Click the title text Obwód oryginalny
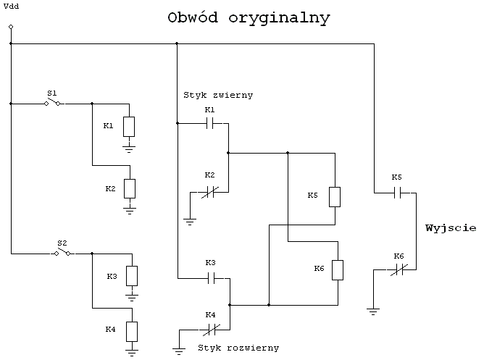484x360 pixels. pyautogui.click(x=249, y=18)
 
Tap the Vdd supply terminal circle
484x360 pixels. pyautogui.click(x=11, y=27)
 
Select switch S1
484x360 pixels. pyautogui.click(x=52, y=102)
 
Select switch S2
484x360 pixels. pyautogui.click(x=62, y=252)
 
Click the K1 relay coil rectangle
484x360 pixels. pyautogui.click(x=129, y=127)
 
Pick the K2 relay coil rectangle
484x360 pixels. pyautogui.click(x=130, y=189)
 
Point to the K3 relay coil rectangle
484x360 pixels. pyautogui.click(x=132, y=276)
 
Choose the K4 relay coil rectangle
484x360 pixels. pyautogui.click(x=132, y=332)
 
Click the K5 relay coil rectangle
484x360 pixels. pyautogui.click(x=335, y=197)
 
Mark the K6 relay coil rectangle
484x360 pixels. pyautogui.click(x=338, y=270)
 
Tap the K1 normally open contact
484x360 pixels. pyautogui.click(x=210, y=124)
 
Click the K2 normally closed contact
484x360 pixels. pyautogui.click(x=210, y=193)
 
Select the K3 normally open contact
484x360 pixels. pyautogui.click(x=211, y=279)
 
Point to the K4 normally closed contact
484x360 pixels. pyautogui.click(x=211, y=330)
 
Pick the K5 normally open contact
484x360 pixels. pyautogui.click(x=398, y=193)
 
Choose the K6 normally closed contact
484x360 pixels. pyautogui.click(x=399, y=270)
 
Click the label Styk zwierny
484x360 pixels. pyautogui.click(x=218, y=95)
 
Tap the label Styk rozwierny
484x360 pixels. pyautogui.click(x=238, y=348)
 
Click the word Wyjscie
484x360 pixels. pyautogui.click(x=451, y=228)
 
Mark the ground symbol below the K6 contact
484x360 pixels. pyautogui.click(x=373, y=311)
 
